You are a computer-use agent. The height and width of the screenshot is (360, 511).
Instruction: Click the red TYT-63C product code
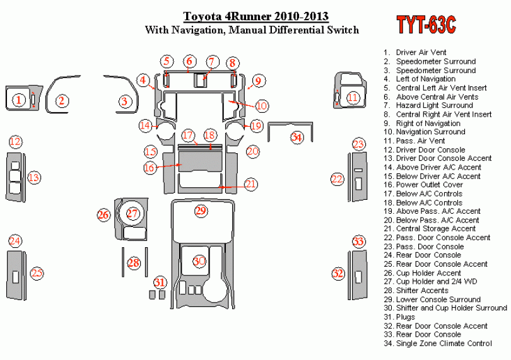tap(426, 25)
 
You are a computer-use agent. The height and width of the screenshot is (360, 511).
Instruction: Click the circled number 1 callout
tap(20, 99)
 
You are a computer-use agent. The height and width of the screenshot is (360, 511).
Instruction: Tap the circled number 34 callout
tap(297, 137)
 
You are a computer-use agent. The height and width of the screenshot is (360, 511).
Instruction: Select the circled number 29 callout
tap(201, 211)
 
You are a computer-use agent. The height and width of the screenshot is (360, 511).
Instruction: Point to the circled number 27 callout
tap(132, 214)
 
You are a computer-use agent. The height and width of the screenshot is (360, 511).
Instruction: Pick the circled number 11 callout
tap(353, 97)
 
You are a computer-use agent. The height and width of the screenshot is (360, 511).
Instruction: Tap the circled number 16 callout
tap(149, 168)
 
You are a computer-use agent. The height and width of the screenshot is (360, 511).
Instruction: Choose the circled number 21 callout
tap(251, 184)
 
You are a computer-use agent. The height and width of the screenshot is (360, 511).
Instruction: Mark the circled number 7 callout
tap(212, 62)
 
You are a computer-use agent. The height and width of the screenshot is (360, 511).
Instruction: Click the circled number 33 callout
tap(358, 241)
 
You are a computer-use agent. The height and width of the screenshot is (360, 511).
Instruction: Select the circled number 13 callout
tap(33, 178)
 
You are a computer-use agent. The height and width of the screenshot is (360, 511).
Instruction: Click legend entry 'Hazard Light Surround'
tap(434, 105)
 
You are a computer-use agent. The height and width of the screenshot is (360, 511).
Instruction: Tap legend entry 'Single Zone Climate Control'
tap(443, 343)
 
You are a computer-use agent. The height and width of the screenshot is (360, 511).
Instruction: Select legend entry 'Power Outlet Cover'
tap(429, 185)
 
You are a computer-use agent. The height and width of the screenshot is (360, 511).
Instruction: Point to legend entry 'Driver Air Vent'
tap(420, 52)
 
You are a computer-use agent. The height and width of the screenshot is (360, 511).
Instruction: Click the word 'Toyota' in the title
tap(203, 16)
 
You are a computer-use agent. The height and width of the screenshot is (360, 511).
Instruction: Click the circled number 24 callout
tap(15, 241)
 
